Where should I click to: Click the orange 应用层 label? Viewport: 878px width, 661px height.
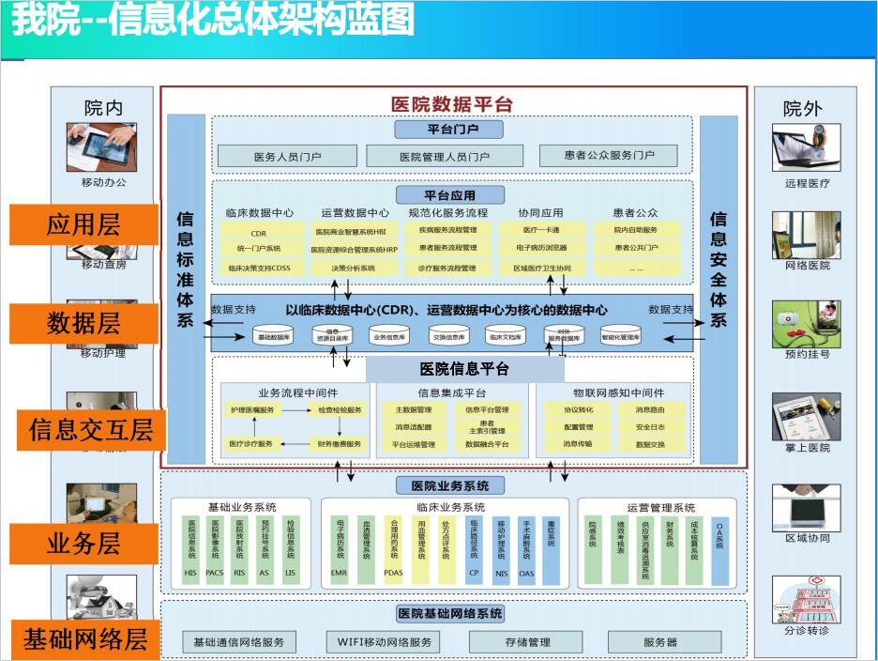click(83, 225)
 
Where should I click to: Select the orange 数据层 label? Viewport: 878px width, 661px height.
click(83, 324)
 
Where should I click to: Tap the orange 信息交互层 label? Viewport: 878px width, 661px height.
click(90, 430)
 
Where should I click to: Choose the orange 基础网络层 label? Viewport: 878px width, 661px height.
click(85, 640)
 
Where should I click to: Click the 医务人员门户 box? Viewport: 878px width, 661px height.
click(287, 156)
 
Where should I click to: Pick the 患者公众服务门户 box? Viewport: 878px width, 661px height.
click(609, 155)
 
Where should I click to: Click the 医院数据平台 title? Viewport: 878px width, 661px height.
click(451, 104)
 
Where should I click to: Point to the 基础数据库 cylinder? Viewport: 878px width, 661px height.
click(275, 335)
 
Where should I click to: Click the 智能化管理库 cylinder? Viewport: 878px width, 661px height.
click(620, 335)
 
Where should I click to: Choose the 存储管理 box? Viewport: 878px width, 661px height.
click(525, 642)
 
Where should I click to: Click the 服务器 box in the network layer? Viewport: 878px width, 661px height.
click(660, 642)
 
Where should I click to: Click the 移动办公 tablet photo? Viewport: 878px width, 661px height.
click(101, 146)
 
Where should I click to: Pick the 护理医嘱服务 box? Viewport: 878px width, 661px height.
click(253, 410)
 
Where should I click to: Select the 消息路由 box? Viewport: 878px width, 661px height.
click(650, 409)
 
